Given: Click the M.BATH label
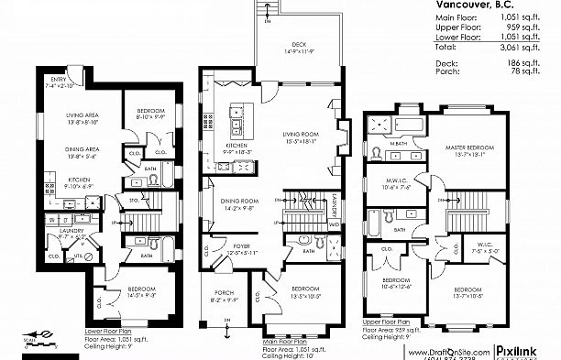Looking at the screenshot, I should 398,143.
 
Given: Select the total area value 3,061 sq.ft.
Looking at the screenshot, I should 530,44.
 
